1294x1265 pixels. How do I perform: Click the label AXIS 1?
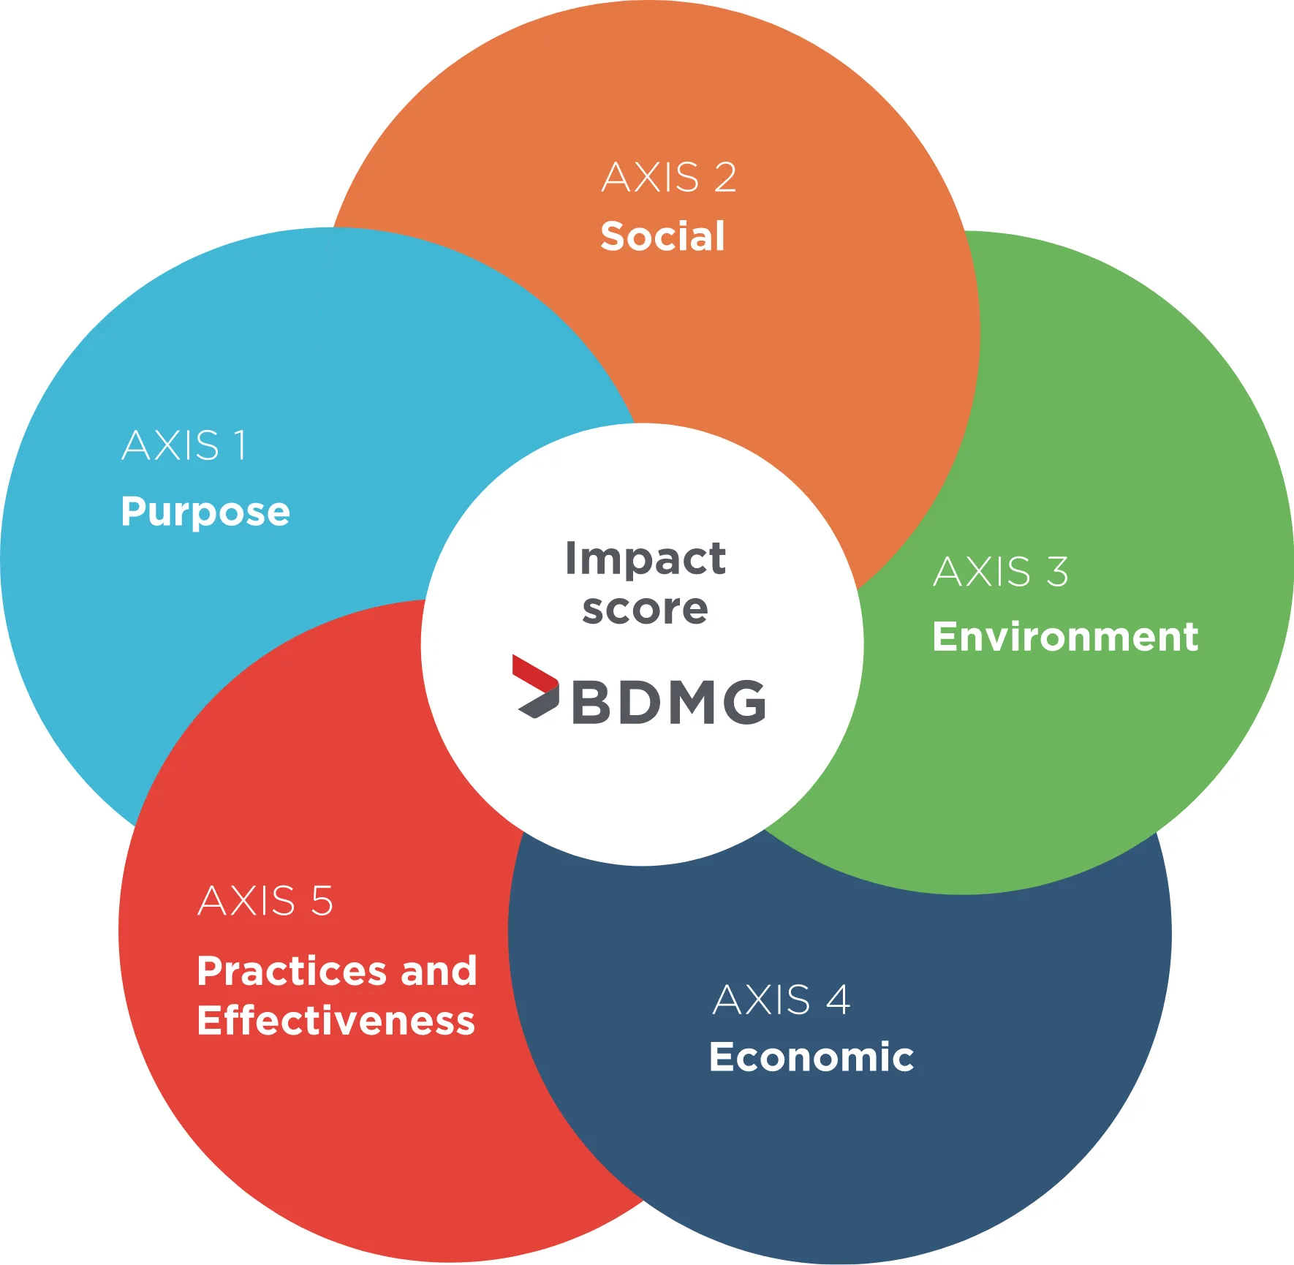184,445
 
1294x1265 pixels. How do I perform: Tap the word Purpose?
205,511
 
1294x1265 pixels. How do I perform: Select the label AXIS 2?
669,178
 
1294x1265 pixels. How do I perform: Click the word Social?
662,236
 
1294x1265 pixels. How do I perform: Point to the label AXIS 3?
1001,571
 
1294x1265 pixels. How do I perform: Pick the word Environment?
1065,636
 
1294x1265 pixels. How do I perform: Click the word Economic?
811,1057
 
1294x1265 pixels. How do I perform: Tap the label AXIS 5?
265,900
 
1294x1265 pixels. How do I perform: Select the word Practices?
291,971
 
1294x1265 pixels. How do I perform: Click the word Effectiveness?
336,1021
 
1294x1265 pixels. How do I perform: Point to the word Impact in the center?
646,560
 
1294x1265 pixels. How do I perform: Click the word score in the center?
645,609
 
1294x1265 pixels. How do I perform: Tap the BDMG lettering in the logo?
669,702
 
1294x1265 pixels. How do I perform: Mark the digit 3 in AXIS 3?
1057,571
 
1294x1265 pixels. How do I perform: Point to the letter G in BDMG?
744,702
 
